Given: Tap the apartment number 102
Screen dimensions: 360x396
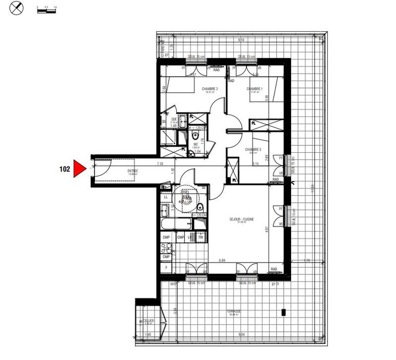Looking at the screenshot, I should (x=64, y=169).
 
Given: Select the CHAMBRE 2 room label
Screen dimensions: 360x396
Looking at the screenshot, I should (x=210, y=90).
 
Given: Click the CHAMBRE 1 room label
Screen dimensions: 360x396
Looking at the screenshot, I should (x=254, y=89).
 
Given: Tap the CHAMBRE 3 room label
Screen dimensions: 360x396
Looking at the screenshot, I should (x=253, y=149).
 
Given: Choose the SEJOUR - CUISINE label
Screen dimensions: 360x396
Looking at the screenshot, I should (x=242, y=220).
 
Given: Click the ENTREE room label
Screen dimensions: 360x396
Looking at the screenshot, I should (x=133, y=171).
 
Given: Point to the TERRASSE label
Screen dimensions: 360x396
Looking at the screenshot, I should (x=234, y=311).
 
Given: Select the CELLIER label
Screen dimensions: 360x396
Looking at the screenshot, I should (x=148, y=320).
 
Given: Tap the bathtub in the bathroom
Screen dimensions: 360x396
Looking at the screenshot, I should (x=177, y=224).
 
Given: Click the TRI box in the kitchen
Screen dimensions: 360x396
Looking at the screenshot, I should (x=200, y=238).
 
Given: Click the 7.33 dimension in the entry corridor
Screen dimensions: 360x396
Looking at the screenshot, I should (x=159, y=164).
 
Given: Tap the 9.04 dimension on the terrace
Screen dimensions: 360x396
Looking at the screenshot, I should (x=241, y=335).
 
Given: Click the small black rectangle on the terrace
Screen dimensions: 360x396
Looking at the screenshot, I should (x=284, y=312).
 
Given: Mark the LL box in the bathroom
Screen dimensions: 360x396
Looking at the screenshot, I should (x=166, y=197).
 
